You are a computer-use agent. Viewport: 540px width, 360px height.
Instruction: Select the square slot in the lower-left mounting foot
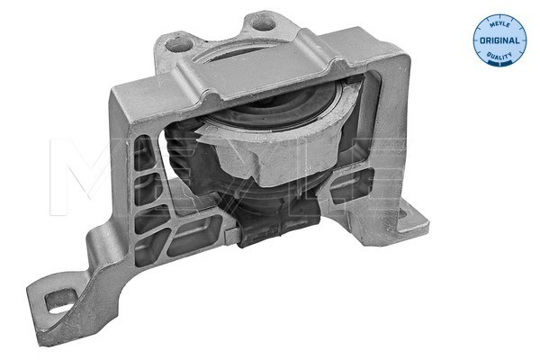(x=60, y=294)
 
